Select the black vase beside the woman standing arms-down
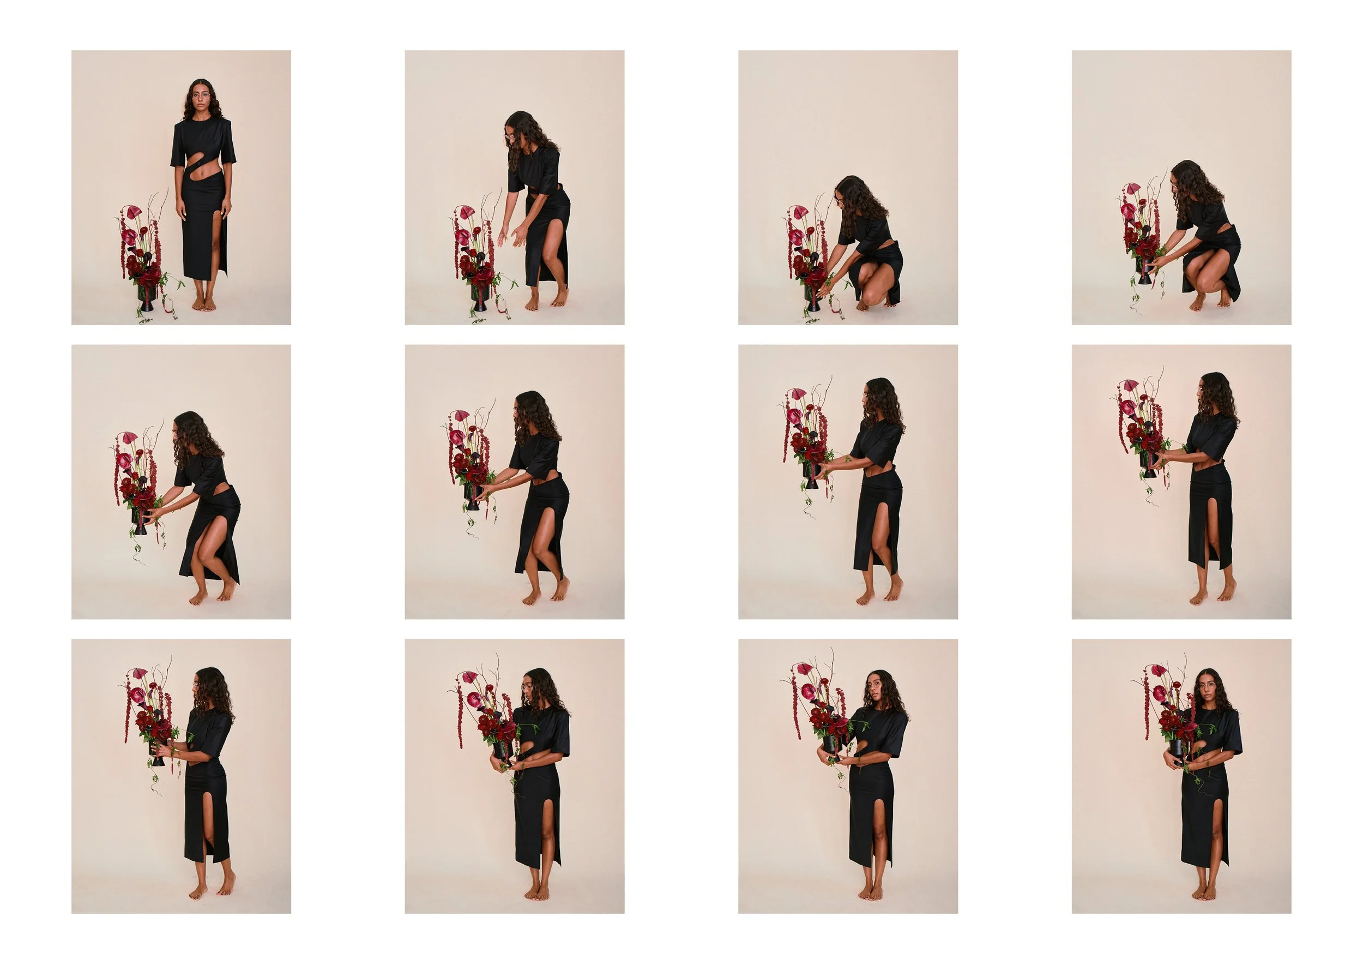(x=146, y=294)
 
